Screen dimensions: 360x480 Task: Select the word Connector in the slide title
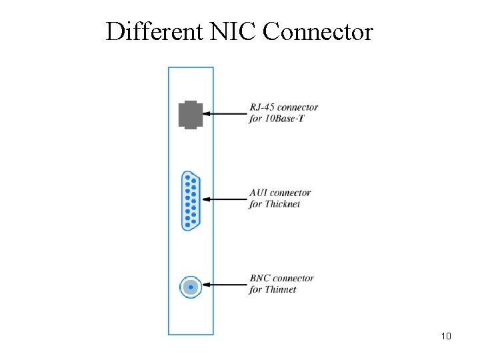[x=318, y=31]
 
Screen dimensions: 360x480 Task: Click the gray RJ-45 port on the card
[x=191, y=114]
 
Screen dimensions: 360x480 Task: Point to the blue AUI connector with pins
[x=191, y=200]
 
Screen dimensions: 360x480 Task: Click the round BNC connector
[x=191, y=287]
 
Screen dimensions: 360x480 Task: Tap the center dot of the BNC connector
[x=191, y=287]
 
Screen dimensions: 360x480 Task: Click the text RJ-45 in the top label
[x=262, y=107]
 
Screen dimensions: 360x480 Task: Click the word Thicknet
[x=283, y=204]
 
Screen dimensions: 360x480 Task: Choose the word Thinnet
[x=281, y=289]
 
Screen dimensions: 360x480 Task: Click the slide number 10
[x=446, y=336]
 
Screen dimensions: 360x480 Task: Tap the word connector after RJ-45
[x=297, y=107]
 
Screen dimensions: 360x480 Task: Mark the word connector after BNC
[x=293, y=278]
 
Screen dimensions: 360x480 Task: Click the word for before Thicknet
[x=256, y=204]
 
